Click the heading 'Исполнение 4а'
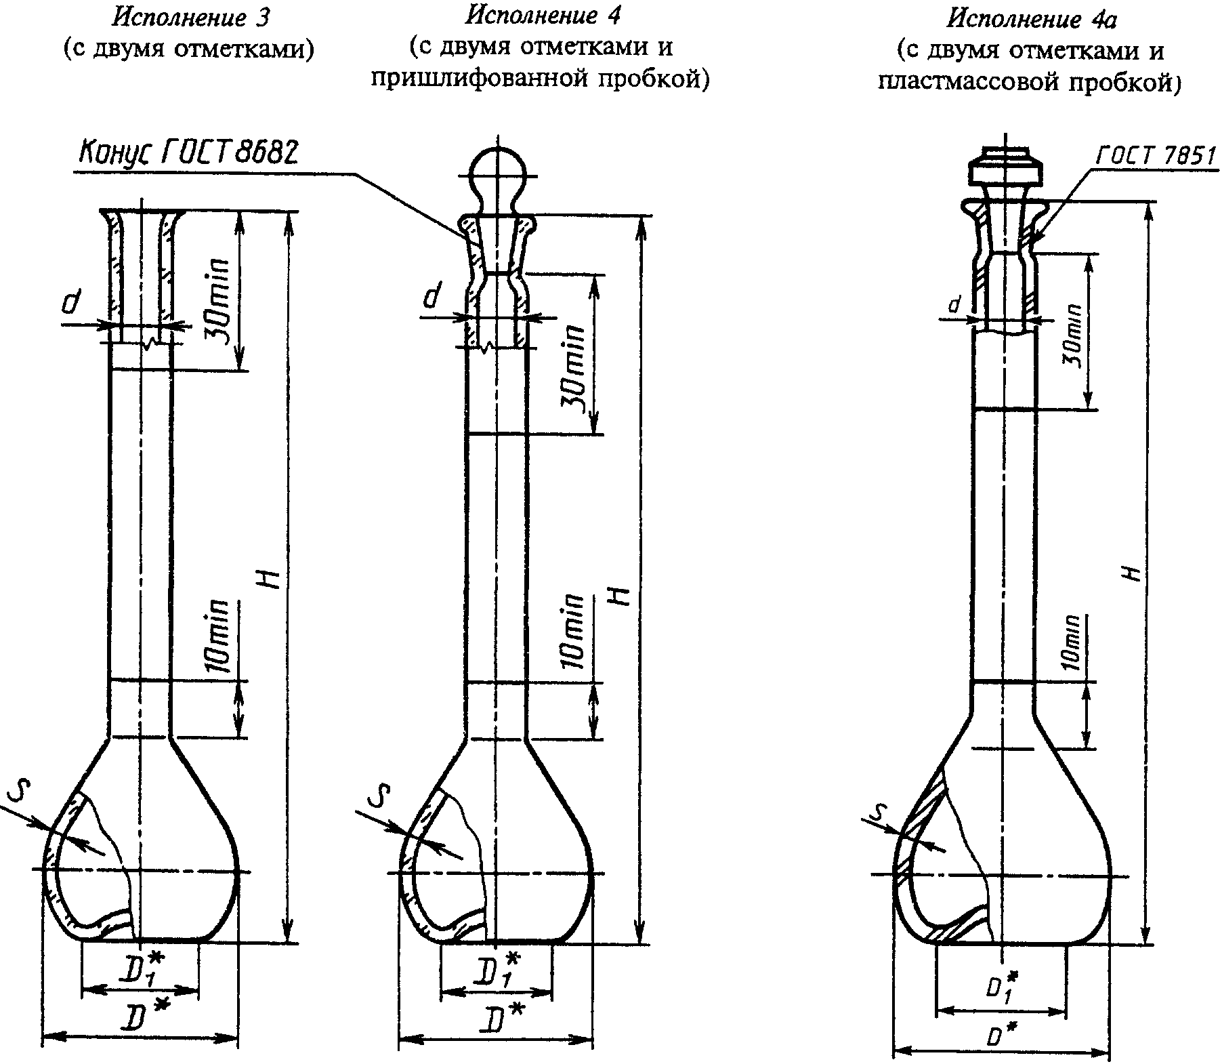click(1031, 20)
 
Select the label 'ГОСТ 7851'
click(1156, 157)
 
